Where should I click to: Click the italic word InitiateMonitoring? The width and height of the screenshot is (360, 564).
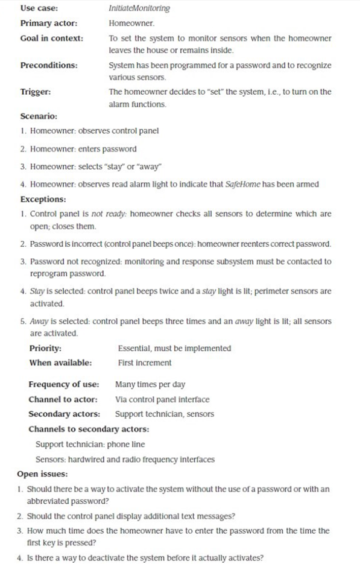click(x=139, y=8)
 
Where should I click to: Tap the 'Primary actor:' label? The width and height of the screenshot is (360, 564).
click(x=47, y=23)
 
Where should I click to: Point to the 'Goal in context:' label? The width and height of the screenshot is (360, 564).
click(x=52, y=38)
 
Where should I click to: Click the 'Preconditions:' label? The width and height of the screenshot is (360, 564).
click(x=47, y=65)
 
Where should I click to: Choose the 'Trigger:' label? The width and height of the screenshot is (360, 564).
click(x=36, y=92)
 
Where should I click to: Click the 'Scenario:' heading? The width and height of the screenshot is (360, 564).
click(x=39, y=116)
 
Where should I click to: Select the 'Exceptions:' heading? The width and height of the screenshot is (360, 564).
click(x=43, y=198)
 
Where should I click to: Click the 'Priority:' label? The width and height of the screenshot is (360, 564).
click(x=45, y=348)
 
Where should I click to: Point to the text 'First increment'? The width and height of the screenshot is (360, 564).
click(x=145, y=363)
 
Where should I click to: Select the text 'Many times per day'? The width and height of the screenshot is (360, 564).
click(x=150, y=384)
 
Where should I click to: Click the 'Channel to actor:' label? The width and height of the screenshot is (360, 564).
click(x=63, y=399)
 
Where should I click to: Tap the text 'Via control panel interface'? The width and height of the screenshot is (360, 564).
click(x=162, y=399)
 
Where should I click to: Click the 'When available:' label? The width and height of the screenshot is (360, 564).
click(x=60, y=363)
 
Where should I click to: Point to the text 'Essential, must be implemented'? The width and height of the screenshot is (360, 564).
click(x=174, y=348)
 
